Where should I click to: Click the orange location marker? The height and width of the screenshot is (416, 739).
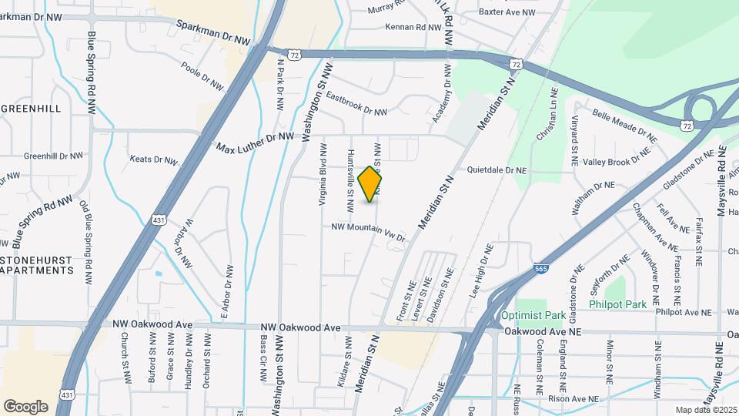(x=370, y=184)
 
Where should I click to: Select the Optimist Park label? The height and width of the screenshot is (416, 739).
(x=533, y=315)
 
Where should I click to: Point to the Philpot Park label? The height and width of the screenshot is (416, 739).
(x=617, y=304)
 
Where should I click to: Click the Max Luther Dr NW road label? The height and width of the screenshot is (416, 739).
(x=255, y=142)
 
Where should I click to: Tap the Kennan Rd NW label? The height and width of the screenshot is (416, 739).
(x=414, y=27)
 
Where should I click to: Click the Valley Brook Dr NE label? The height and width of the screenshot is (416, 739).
(x=617, y=161)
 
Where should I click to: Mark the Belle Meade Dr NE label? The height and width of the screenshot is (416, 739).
(x=624, y=126)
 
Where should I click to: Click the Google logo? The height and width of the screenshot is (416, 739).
(x=25, y=406)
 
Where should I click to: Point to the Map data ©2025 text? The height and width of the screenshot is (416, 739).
(x=705, y=410)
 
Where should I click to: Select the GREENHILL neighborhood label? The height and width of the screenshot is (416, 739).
(x=30, y=109)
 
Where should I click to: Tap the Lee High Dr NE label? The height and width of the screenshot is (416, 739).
(x=481, y=271)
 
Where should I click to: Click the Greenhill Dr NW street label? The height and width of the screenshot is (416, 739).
(x=53, y=156)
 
